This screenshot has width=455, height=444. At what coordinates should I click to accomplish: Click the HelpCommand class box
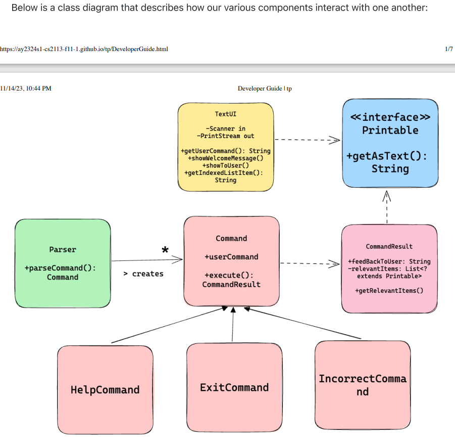click(x=105, y=389)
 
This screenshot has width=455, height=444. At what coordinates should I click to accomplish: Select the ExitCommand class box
click(x=234, y=387)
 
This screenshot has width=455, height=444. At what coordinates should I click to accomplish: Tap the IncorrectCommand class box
click(x=362, y=384)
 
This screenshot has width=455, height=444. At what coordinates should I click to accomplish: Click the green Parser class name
click(x=63, y=249)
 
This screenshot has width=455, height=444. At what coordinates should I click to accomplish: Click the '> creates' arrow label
click(x=143, y=274)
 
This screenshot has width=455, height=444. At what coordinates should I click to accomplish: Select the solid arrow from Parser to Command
click(x=146, y=260)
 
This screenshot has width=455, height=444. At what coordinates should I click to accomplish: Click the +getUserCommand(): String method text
click(x=225, y=151)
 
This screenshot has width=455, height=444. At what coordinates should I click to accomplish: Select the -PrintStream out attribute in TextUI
click(x=225, y=136)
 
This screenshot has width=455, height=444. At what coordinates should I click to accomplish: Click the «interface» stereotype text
click(x=390, y=117)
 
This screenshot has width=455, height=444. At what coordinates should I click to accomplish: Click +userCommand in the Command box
click(x=231, y=257)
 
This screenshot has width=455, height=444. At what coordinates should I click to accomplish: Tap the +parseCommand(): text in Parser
click(x=60, y=268)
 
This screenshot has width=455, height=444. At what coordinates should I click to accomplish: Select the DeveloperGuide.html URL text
click(x=84, y=49)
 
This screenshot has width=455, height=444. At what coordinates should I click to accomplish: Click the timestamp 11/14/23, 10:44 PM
click(x=26, y=88)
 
